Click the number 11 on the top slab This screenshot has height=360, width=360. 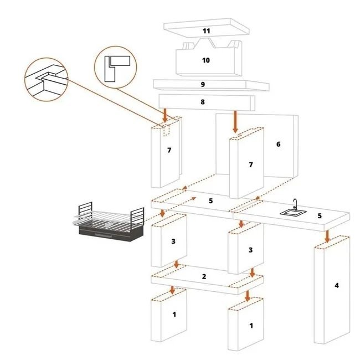pyautogui.click(x=207, y=31)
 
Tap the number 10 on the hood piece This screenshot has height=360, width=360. pyautogui.click(x=206, y=60)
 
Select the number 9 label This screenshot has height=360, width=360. pyautogui.click(x=203, y=85)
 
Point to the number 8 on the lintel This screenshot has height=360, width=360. pyautogui.click(x=203, y=102)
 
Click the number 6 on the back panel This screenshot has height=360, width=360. pyautogui.click(x=278, y=144)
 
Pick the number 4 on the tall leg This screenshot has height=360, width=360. pyautogui.click(x=337, y=285)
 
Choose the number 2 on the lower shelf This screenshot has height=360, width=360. pyautogui.click(x=204, y=276)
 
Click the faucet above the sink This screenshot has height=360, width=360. pyautogui.click(x=295, y=204)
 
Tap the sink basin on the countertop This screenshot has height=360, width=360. pyautogui.click(x=293, y=213)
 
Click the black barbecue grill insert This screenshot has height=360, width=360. pyautogui.click(x=109, y=222)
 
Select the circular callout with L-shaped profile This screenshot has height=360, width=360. pyautogui.click(x=116, y=67)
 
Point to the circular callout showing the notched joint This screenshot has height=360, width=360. pyautogui.click(x=46, y=79)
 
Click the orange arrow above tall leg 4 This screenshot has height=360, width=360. pyautogui.click(x=327, y=236)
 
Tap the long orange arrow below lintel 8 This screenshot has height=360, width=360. pyautogui.click(x=235, y=122)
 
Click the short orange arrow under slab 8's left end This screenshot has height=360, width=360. pyautogui.click(x=165, y=116)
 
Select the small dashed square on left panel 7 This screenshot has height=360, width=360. pyautogui.click(x=167, y=131)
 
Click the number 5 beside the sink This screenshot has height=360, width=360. pyautogui.click(x=320, y=216)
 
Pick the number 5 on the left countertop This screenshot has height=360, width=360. pyautogui.click(x=211, y=201)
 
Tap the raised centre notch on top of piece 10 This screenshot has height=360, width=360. pyautogui.click(x=205, y=43)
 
